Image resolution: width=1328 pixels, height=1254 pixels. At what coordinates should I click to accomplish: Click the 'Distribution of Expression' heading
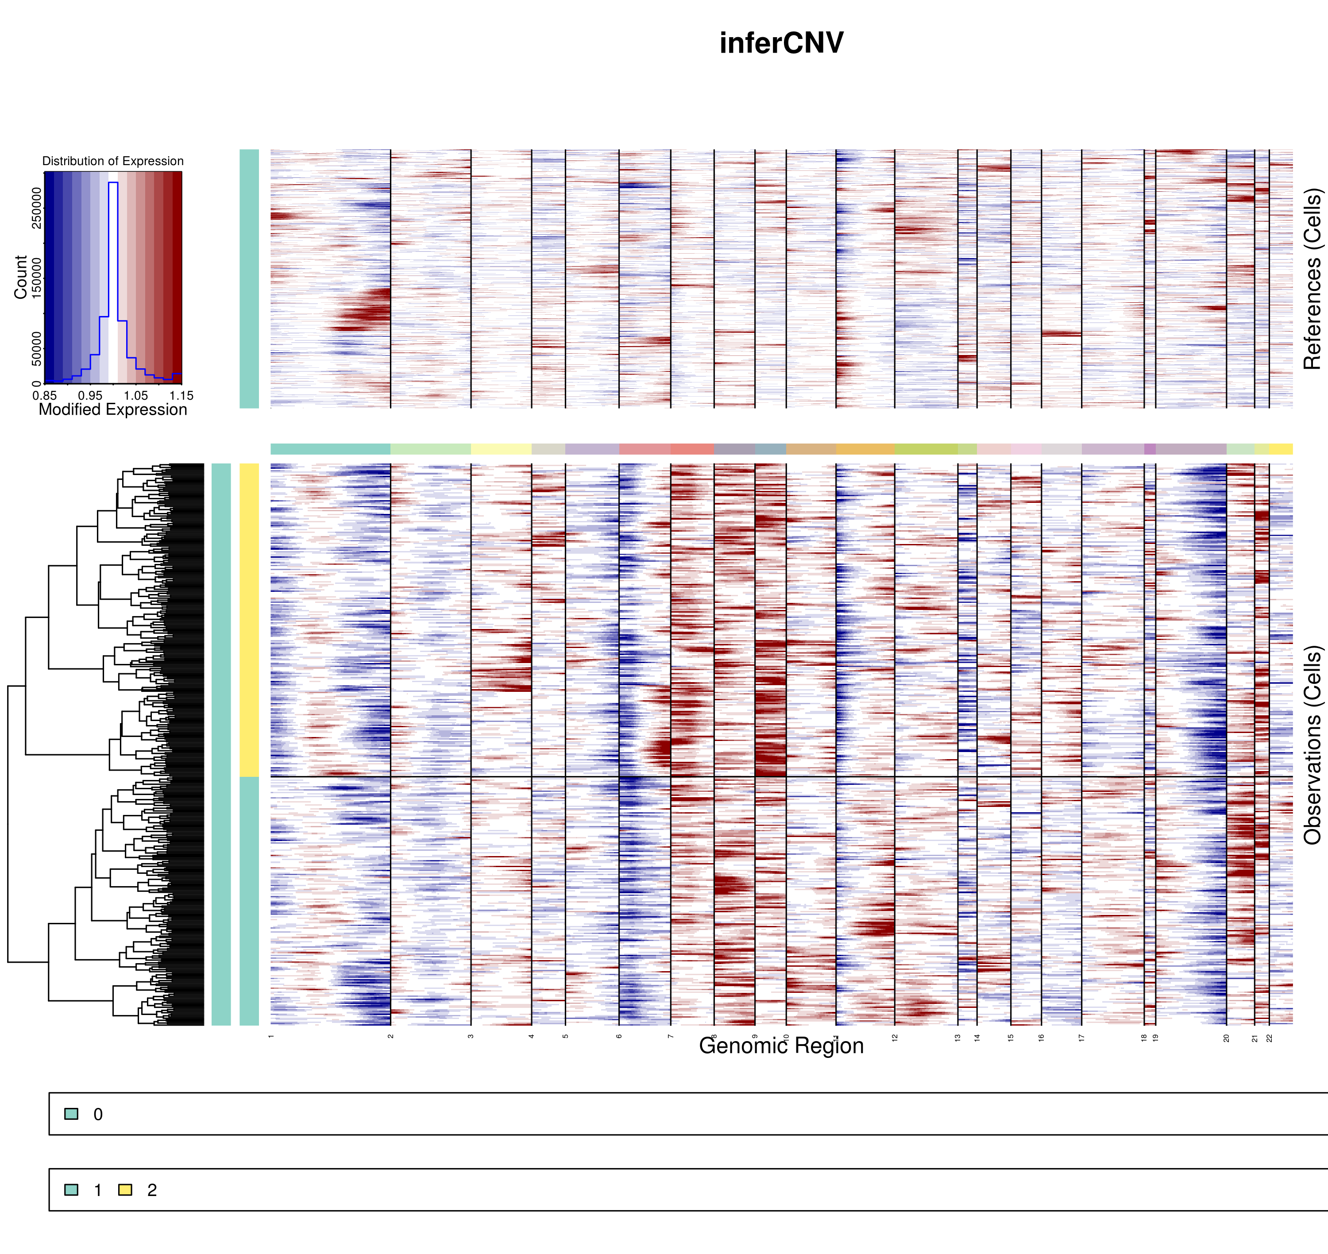113,161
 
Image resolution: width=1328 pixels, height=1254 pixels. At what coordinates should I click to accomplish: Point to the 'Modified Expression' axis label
113,410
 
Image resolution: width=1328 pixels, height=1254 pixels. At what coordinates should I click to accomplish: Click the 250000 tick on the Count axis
36,208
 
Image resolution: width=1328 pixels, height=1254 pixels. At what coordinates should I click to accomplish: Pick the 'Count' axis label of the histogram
21,277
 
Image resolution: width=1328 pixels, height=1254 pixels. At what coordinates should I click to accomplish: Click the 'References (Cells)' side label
1312,279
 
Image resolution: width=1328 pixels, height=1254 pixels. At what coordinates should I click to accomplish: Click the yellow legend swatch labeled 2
125,1190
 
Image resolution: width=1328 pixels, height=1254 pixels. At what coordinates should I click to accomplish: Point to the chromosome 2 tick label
391,1036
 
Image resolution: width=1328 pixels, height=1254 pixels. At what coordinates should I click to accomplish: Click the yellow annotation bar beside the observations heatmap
249,620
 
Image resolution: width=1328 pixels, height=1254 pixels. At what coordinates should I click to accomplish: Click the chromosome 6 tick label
619,1036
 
